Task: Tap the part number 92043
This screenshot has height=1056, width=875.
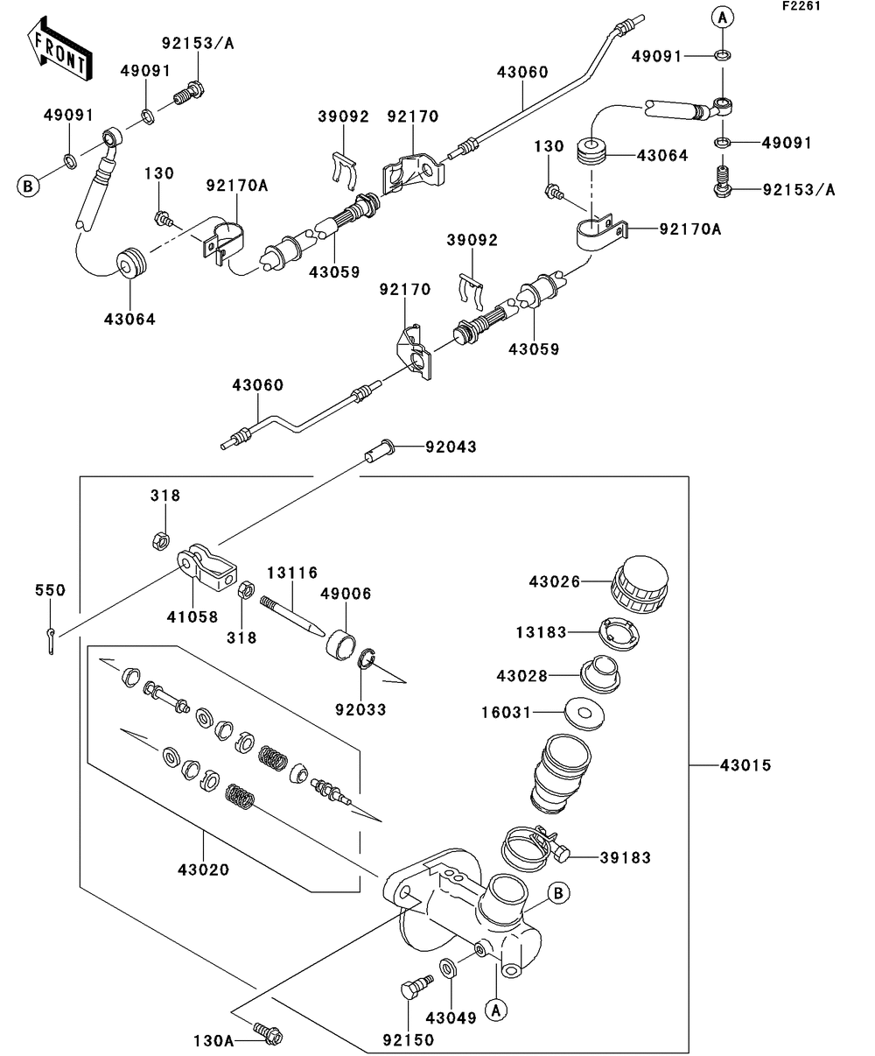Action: pos(451,447)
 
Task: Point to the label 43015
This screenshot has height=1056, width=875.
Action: pos(745,765)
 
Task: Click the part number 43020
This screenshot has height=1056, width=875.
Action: pos(203,869)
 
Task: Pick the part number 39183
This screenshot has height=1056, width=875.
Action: pos(625,858)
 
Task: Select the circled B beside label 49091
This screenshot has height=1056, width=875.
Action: pos(28,186)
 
